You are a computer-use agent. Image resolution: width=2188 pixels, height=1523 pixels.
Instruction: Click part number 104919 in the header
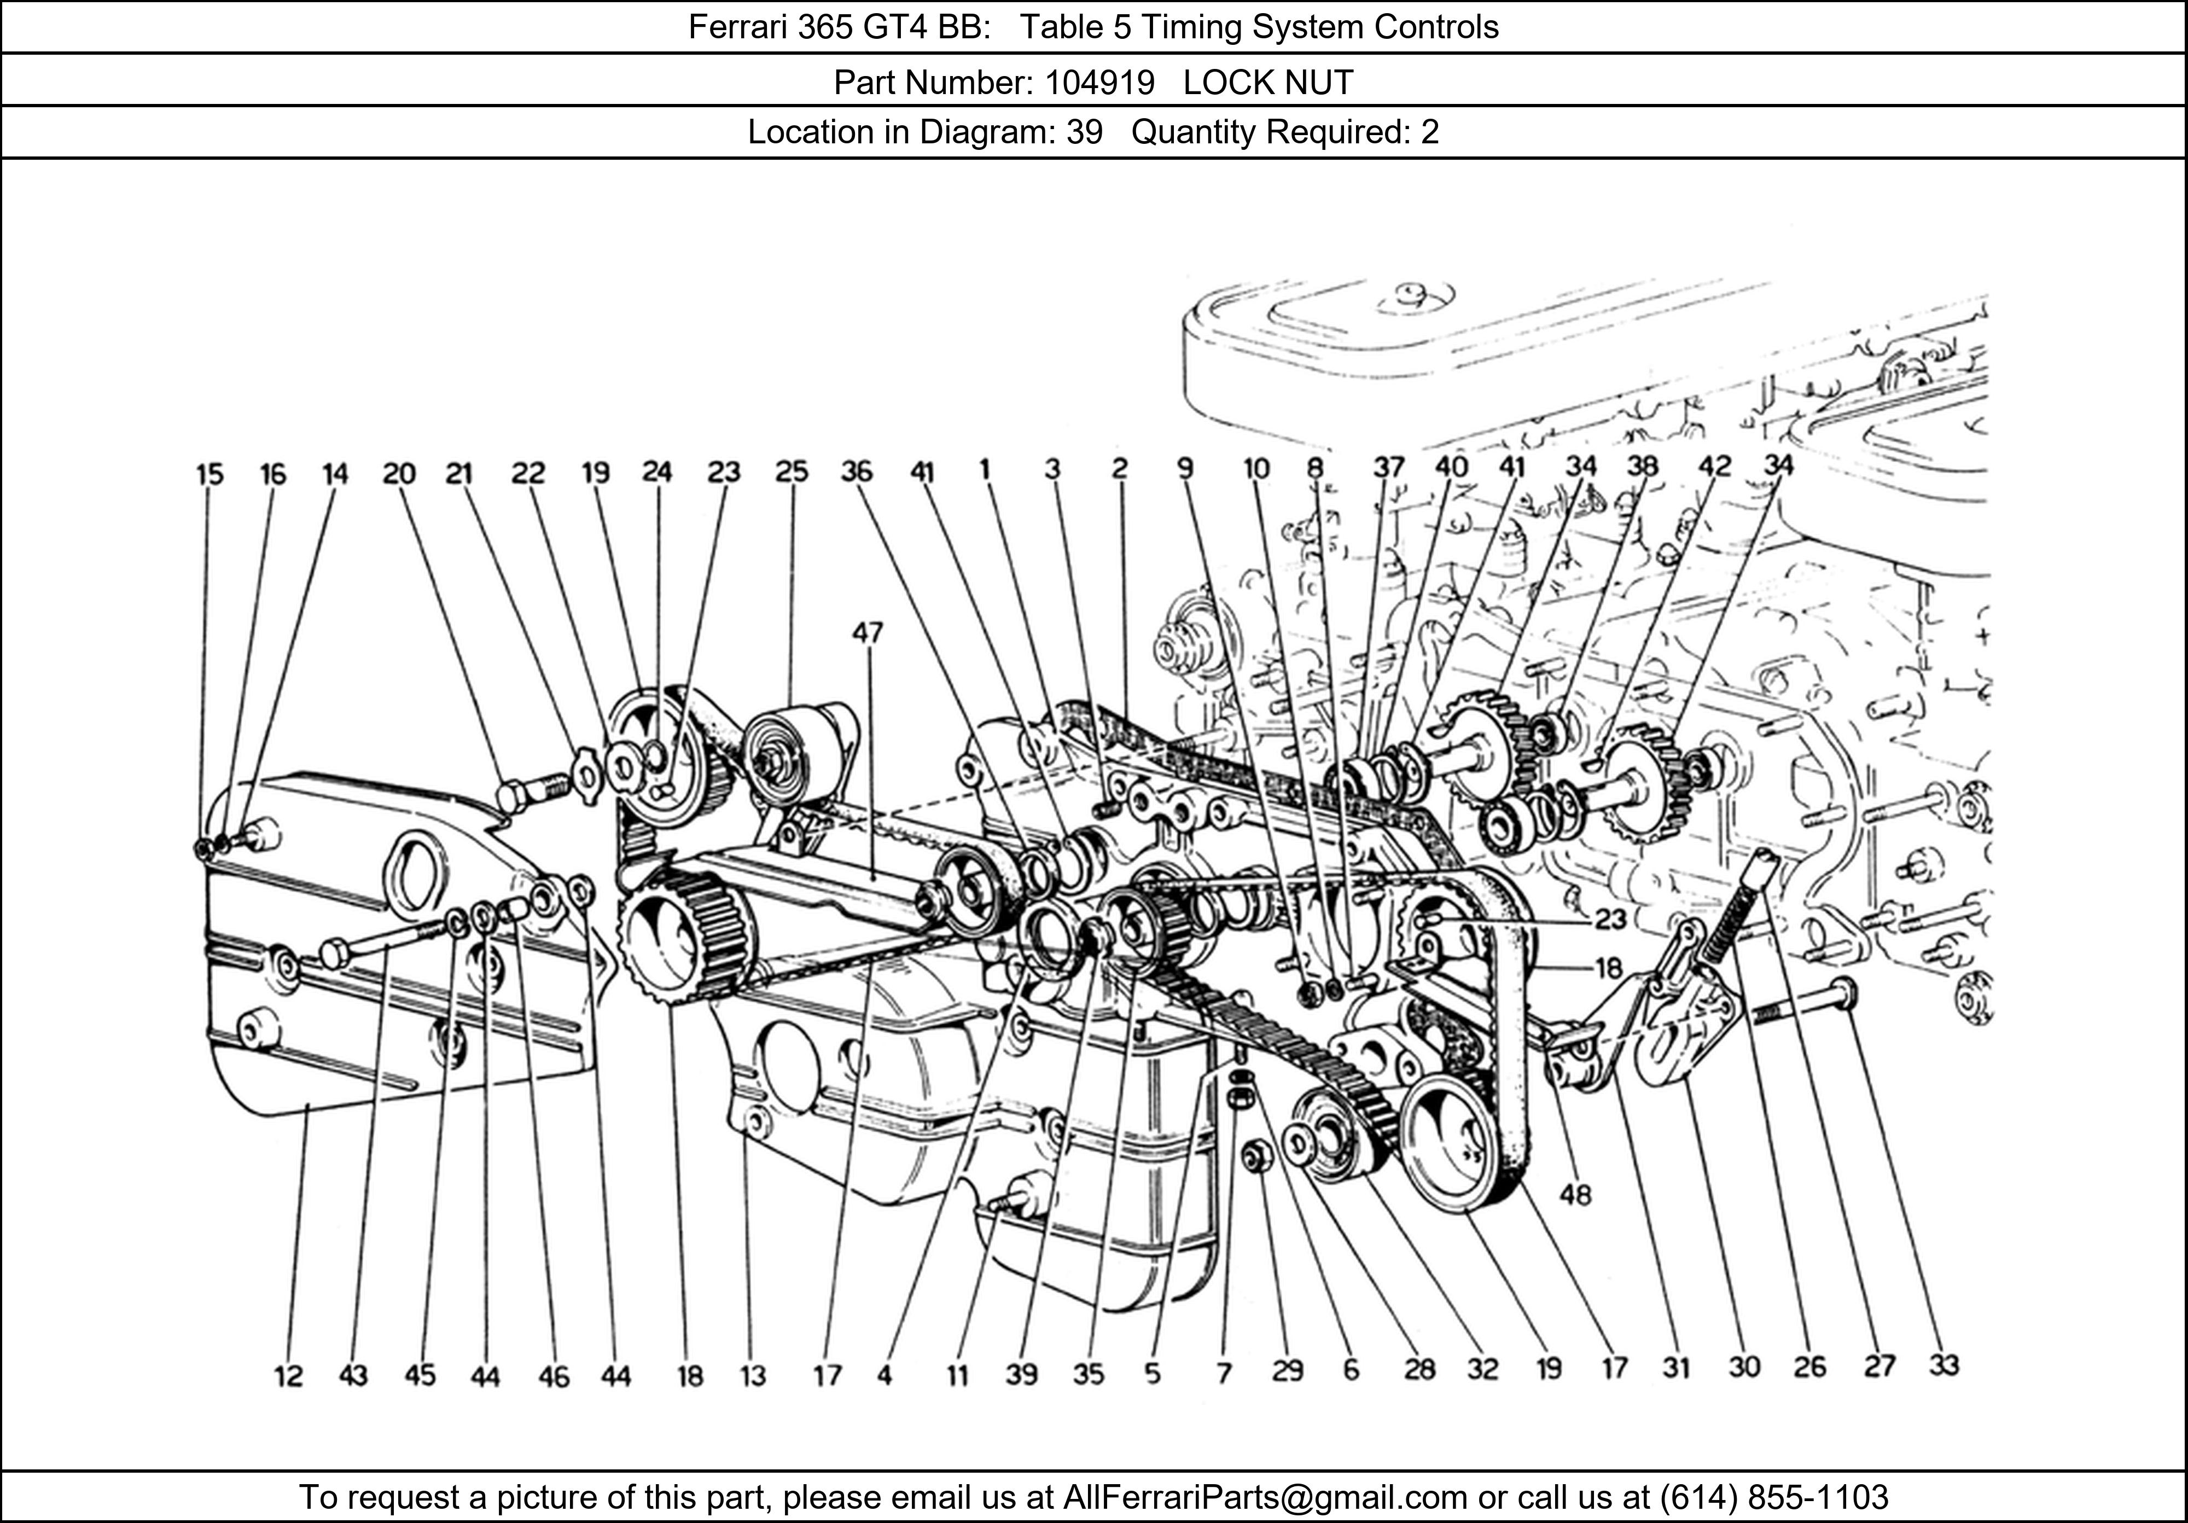pyautogui.click(x=1099, y=83)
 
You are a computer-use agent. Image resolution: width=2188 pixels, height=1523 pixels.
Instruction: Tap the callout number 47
pyautogui.click(x=867, y=633)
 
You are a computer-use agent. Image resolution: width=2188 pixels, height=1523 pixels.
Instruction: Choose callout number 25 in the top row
pyautogui.click(x=791, y=472)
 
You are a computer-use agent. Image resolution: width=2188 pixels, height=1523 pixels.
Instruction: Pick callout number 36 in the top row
pyautogui.click(x=857, y=472)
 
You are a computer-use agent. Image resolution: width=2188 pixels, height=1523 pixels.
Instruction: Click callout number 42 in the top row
pyautogui.click(x=1714, y=466)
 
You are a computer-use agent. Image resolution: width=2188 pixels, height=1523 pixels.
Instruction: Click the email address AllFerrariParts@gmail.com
pyautogui.click(x=1265, y=1497)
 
